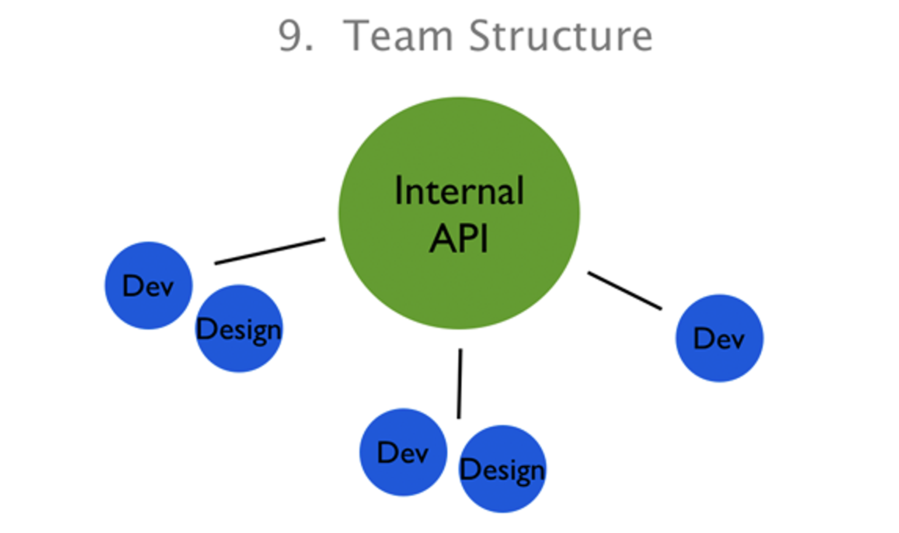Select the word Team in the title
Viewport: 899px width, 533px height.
point(397,36)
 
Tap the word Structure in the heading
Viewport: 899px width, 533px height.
point(561,36)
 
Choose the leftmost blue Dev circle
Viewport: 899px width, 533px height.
point(148,285)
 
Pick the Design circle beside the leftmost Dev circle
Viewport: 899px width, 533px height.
point(239,329)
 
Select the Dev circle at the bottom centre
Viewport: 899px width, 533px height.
point(403,452)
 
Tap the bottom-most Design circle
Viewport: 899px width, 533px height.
point(502,469)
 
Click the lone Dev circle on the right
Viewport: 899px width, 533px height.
point(720,338)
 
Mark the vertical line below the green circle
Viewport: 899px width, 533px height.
point(460,384)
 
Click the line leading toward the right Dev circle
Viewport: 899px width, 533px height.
point(625,291)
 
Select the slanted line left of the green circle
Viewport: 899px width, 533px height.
point(270,251)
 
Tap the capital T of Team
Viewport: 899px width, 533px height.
point(355,36)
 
